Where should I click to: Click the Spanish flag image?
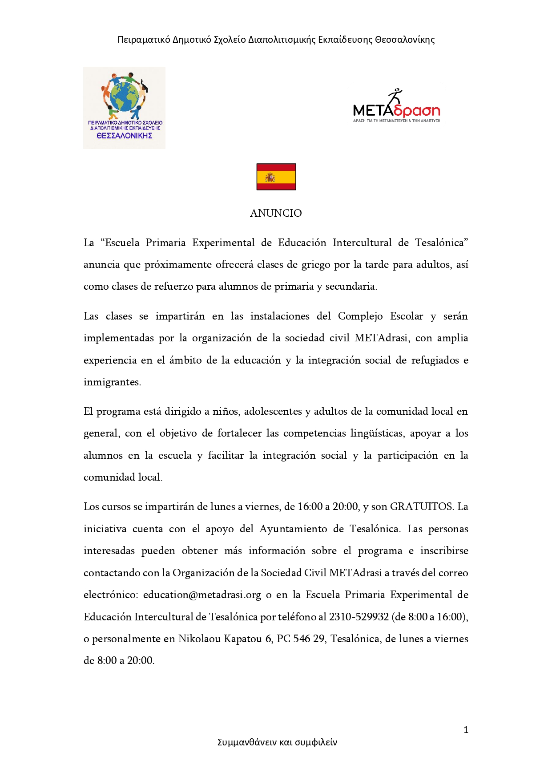[276, 177]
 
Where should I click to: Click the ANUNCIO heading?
[276, 213]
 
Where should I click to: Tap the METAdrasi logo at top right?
[396, 107]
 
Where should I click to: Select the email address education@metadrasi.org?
[202, 595]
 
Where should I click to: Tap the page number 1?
[466, 730]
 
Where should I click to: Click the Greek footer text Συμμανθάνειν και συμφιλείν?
[277, 742]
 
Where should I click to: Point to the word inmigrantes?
[112, 382]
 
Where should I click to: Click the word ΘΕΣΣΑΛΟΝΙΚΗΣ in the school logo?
[124, 136]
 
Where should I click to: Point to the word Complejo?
[360, 316]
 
